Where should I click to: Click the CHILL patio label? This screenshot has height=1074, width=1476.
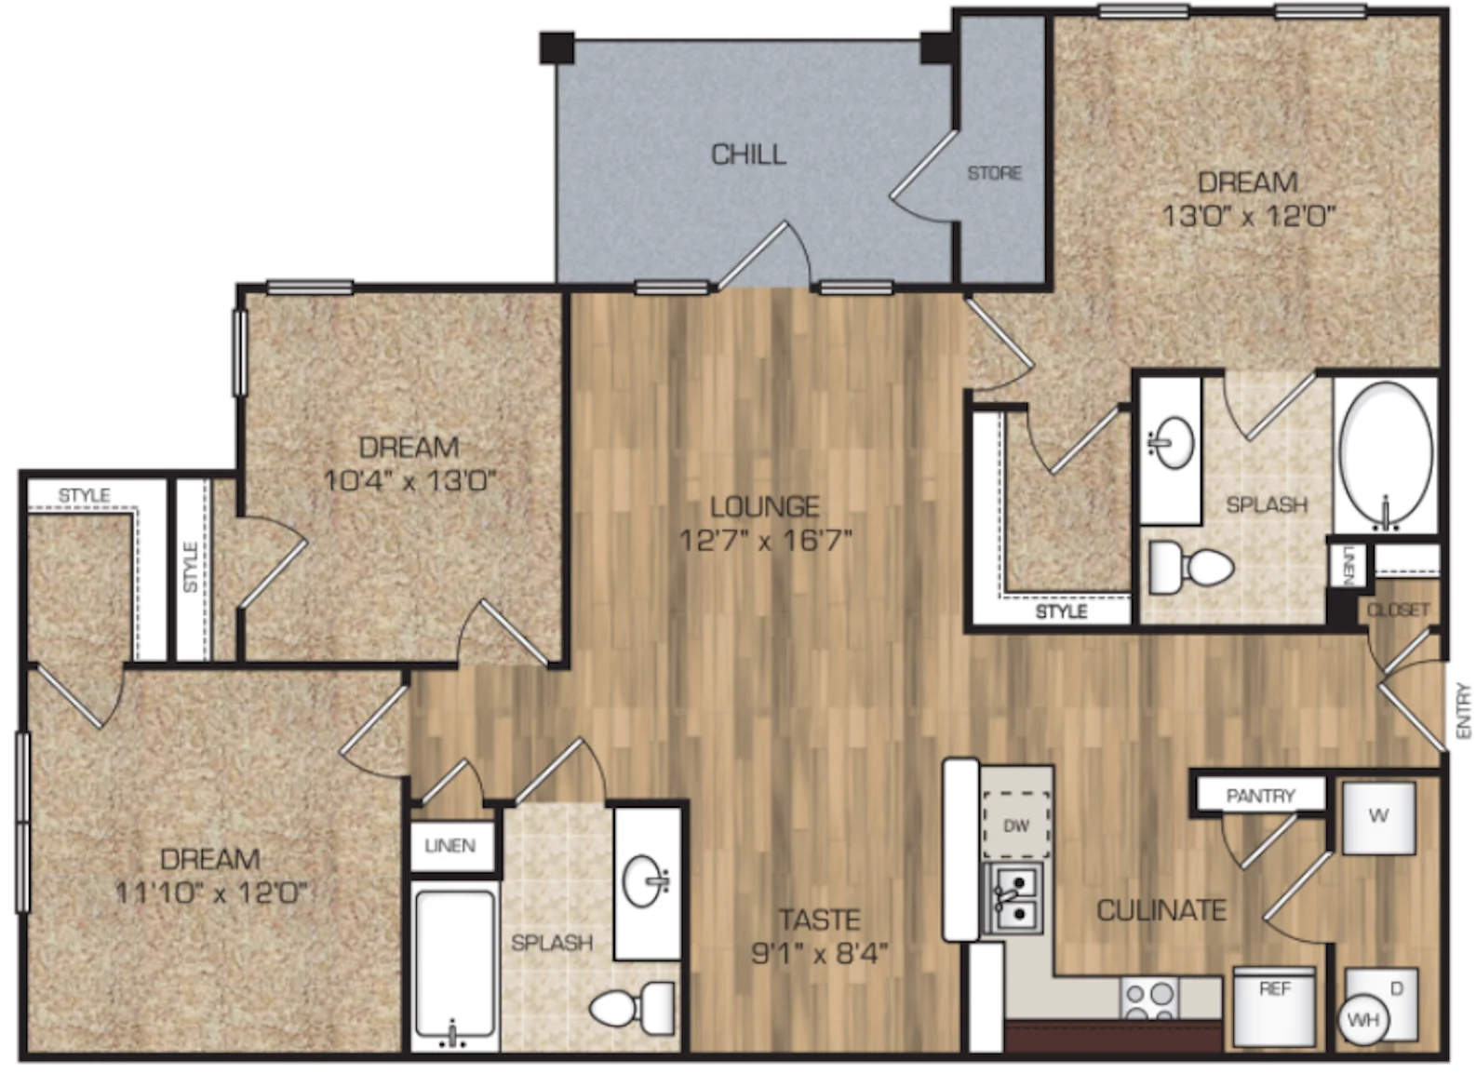pyautogui.click(x=748, y=154)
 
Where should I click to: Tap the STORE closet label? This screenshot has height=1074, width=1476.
pyautogui.click(x=994, y=173)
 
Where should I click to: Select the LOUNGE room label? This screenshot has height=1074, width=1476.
pyautogui.click(x=765, y=506)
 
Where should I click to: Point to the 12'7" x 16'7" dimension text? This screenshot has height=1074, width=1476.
pyautogui.click(x=766, y=542)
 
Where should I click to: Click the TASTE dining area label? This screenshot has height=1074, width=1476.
pyautogui.click(x=820, y=920)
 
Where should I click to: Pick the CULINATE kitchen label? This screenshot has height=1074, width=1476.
pyautogui.click(x=1161, y=910)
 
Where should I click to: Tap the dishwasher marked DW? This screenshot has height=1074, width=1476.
pyautogui.click(x=1016, y=825)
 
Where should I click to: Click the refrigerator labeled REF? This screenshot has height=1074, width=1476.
pyautogui.click(x=1274, y=1007)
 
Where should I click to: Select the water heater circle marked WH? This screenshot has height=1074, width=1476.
pyautogui.click(x=1363, y=1021)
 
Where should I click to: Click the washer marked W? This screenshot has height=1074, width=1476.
pyautogui.click(x=1379, y=818)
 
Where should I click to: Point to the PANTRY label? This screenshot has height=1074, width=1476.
pyautogui.click(x=1260, y=796)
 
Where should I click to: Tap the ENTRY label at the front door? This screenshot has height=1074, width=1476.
pyautogui.click(x=1464, y=711)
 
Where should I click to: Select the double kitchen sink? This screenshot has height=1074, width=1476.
pyautogui.click(x=1013, y=899)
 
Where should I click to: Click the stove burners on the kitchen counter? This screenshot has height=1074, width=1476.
pyautogui.click(x=1150, y=1000)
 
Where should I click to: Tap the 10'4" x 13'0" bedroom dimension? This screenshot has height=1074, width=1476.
pyautogui.click(x=409, y=481)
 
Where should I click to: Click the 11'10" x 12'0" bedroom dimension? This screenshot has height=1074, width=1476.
pyautogui.click(x=211, y=894)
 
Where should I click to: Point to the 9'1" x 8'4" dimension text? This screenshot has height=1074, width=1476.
pyautogui.click(x=820, y=953)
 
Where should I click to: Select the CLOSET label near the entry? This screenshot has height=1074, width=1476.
pyautogui.click(x=1398, y=611)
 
